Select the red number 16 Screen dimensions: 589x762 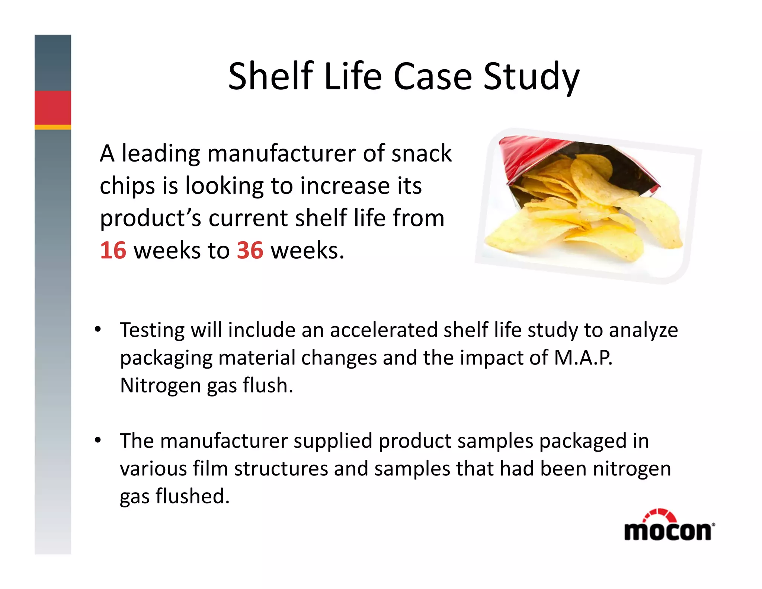[113, 250]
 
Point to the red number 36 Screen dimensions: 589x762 [250, 250]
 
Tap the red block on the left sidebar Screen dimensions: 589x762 [53, 108]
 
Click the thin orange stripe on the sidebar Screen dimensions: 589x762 [53, 127]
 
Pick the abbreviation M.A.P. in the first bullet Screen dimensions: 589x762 [583, 357]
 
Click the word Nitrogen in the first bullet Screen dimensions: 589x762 [160, 385]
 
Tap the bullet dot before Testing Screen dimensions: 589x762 [98, 329]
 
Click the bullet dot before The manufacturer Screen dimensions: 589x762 [98, 440]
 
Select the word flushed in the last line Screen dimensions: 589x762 [192, 496]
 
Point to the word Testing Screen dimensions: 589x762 [152, 331]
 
